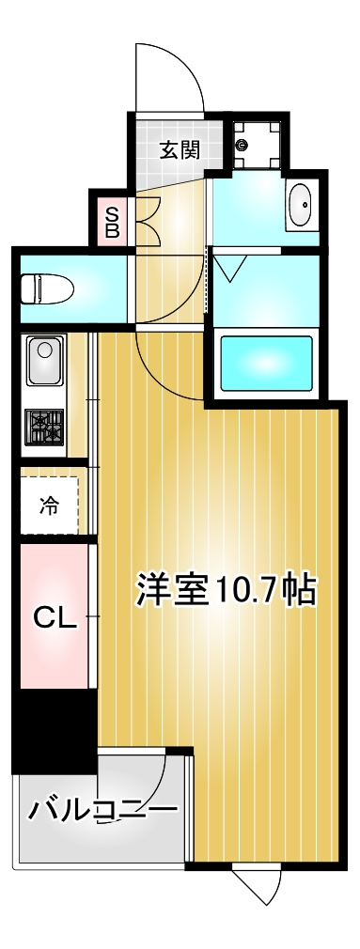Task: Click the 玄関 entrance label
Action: point(179,149)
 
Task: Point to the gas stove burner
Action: point(44,429)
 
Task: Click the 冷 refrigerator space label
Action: point(48,506)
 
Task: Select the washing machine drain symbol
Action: point(243,145)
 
